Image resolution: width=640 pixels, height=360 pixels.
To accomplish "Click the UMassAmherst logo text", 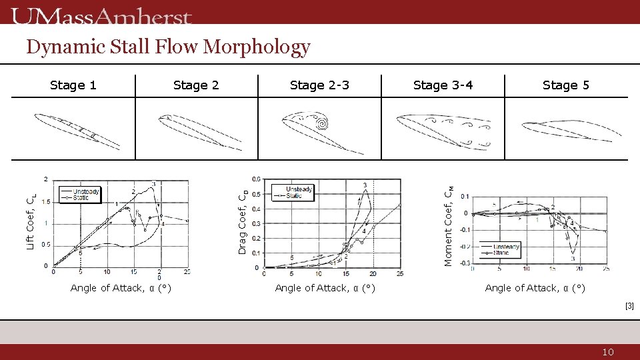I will click(x=101, y=16).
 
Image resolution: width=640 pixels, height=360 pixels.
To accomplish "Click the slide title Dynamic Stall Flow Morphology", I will click(x=168, y=47).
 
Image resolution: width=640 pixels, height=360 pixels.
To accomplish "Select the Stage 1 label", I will click(x=73, y=85).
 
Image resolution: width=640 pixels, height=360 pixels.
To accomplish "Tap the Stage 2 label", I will click(x=196, y=85).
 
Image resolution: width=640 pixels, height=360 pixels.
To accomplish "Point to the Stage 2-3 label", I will click(x=319, y=85).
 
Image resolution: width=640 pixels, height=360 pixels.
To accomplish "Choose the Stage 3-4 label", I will click(x=443, y=85).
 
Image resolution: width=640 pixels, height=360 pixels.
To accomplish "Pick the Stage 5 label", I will click(x=565, y=85).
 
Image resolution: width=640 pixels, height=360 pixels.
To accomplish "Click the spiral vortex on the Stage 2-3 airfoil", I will click(x=321, y=123).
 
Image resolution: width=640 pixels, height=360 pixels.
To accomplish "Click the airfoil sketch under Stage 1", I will click(x=77, y=130).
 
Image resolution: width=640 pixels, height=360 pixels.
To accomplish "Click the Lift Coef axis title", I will click(x=31, y=221).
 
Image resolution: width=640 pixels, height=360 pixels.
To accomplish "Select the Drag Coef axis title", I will click(x=243, y=221).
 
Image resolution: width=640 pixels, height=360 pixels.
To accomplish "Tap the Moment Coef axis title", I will click(x=450, y=225).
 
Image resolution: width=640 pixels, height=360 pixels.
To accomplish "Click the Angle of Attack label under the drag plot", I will click(x=325, y=288).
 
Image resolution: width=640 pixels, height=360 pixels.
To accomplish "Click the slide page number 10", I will click(x=607, y=352).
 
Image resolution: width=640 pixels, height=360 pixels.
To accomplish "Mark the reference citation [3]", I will click(x=629, y=306).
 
